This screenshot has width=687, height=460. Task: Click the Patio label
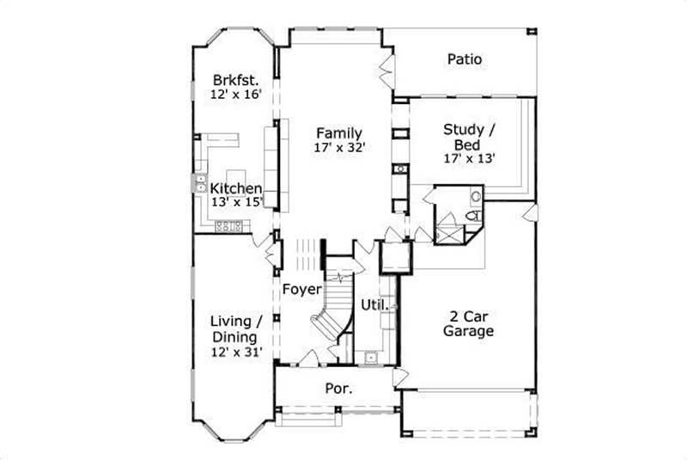(x=464, y=59)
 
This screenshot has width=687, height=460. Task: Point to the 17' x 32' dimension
(x=340, y=148)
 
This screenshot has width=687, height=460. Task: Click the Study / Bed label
(x=468, y=137)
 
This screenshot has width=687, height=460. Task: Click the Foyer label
(x=302, y=289)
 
